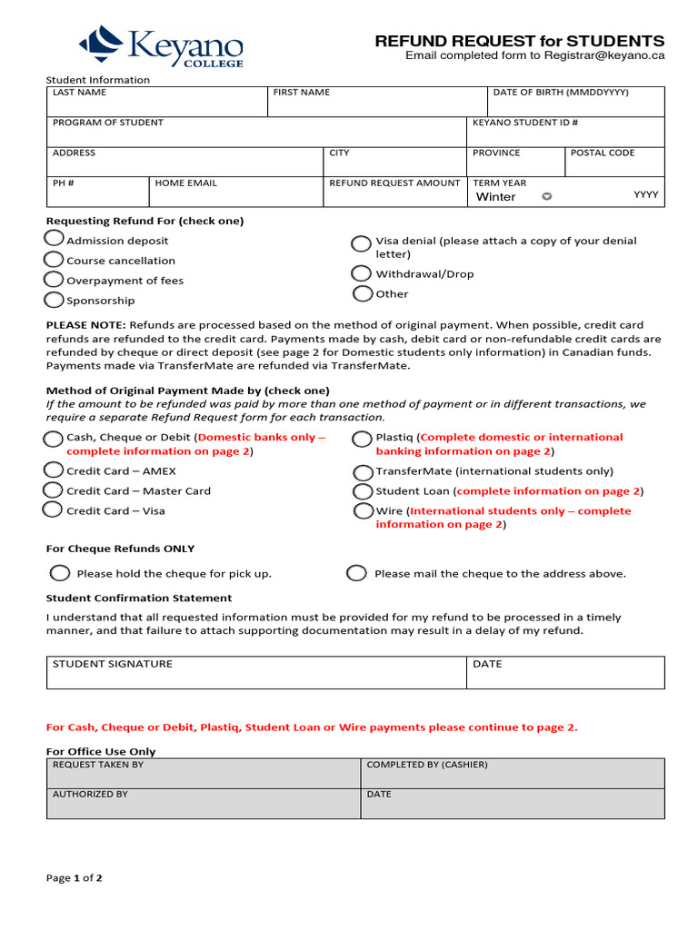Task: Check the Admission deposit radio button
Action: pyautogui.click(x=55, y=239)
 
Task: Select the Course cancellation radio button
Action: pyautogui.click(x=55, y=259)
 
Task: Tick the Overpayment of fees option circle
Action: pyautogui.click(x=55, y=279)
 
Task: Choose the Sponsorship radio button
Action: pyautogui.click(x=55, y=299)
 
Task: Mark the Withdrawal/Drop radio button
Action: pyautogui.click(x=362, y=273)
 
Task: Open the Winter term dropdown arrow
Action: pyautogui.click(x=546, y=196)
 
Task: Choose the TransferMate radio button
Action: pyautogui.click(x=363, y=472)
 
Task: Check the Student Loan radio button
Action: pyautogui.click(x=363, y=491)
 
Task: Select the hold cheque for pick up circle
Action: pyautogui.click(x=60, y=573)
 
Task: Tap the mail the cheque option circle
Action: pyautogui.click(x=357, y=573)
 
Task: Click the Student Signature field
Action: pyautogui.click(x=255, y=677)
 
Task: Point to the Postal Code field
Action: pyautogui.click(x=613, y=165)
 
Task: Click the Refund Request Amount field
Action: pyautogui.click(x=394, y=196)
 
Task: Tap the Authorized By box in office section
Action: pyautogui.click(x=203, y=806)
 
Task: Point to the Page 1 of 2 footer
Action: pyautogui.click(x=75, y=878)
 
